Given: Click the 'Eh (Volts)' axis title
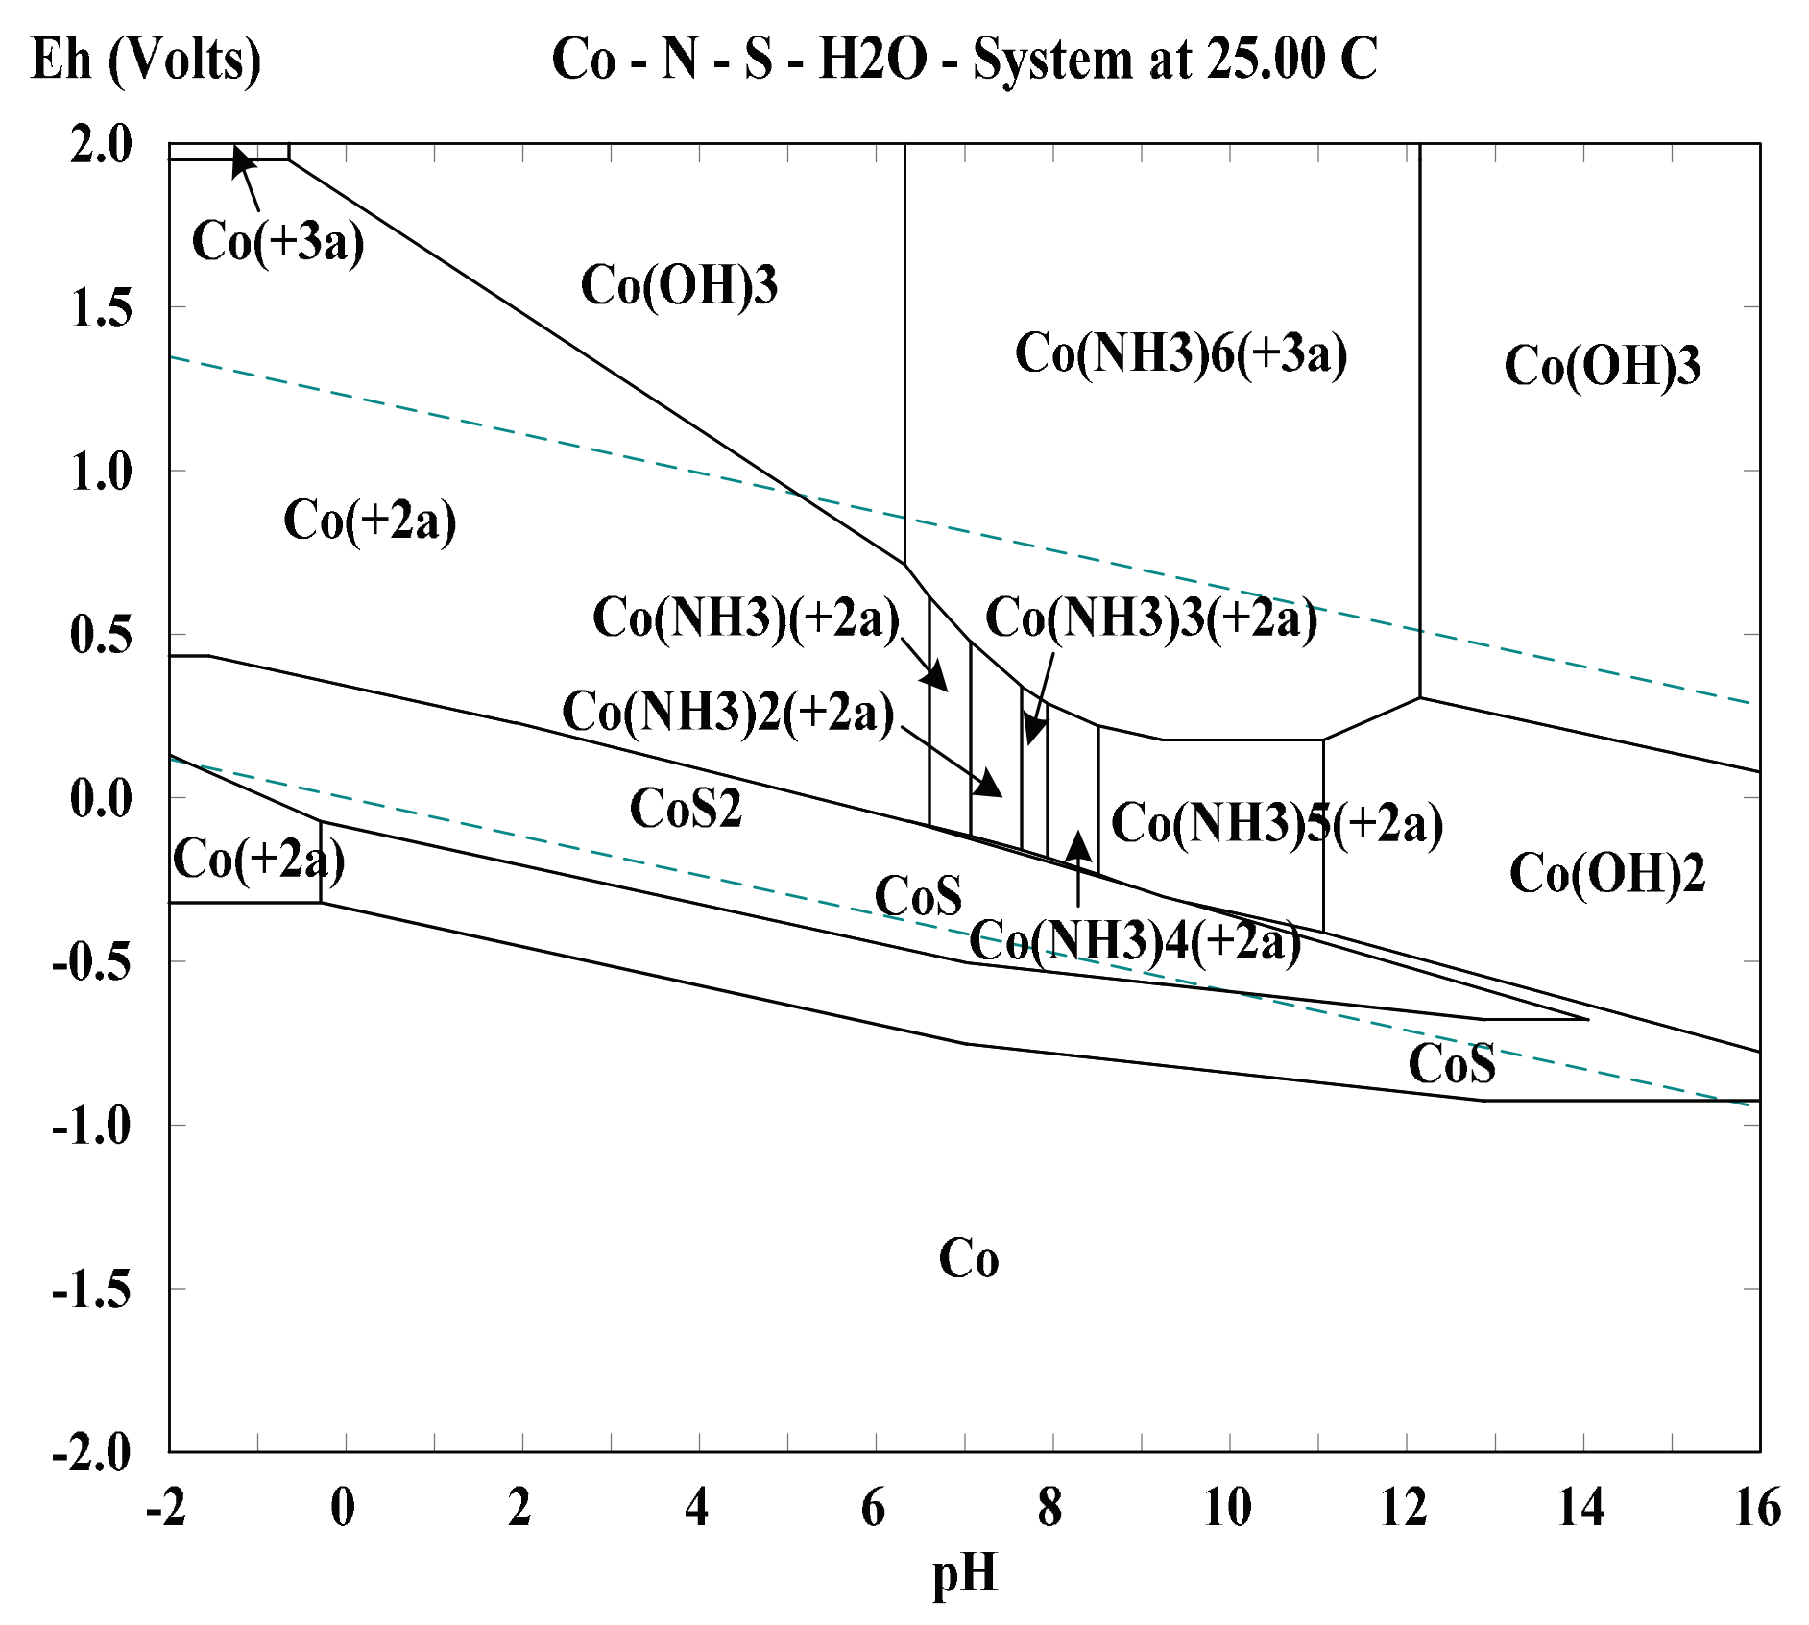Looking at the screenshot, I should point(146,61).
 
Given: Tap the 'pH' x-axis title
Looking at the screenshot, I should point(964,1575).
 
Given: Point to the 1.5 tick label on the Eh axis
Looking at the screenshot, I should point(101,309).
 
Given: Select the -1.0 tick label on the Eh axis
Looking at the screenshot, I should point(92,1126).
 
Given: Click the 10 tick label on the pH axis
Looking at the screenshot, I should point(1227,1508).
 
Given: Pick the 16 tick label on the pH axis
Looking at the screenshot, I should point(1757,1508).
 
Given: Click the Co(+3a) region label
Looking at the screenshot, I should point(277,240).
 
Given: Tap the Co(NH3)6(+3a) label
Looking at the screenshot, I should point(1181,352).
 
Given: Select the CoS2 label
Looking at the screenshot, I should point(686,808).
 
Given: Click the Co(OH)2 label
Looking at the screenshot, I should point(1606,873).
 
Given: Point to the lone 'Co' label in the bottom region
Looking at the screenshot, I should point(968,1258).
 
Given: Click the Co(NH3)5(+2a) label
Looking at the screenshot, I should point(1277,823).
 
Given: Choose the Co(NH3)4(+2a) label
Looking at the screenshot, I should point(1135,940).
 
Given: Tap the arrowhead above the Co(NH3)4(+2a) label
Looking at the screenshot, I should point(1078,845).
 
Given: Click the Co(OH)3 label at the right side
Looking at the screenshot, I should point(1602,366).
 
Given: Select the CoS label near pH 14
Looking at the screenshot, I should point(1451,1064).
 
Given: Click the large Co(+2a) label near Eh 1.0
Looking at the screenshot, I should point(370,521).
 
